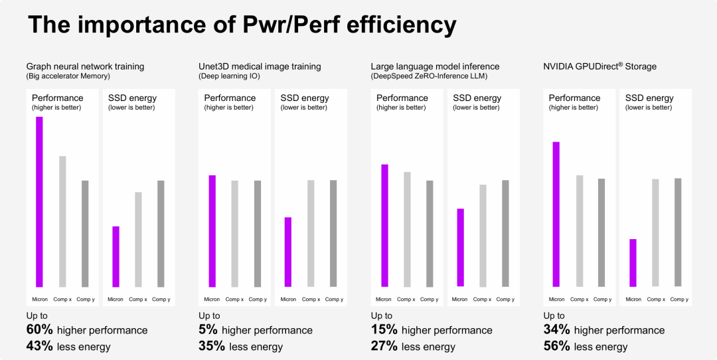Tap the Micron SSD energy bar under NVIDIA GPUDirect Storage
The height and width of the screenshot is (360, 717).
point(633,262)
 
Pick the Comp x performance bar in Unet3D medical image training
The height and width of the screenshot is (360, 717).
point(234,233)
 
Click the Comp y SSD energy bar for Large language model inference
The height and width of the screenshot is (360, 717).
point(505,233)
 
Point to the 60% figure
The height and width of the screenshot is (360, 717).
point(39,330)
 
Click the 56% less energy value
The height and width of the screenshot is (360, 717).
point(556,346)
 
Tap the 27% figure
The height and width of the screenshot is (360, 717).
point(384,346)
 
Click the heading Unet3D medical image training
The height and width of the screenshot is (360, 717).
point(260,66)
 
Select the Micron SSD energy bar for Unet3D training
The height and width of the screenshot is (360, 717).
point(288,252)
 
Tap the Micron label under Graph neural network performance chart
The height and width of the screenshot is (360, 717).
point(40,300)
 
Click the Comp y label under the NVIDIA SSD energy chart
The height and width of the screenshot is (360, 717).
point(678,300)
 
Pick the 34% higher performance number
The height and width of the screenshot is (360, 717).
point(556,330)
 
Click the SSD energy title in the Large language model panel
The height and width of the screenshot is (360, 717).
point(477,98)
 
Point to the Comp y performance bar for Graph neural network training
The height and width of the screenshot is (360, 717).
point(85,233)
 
